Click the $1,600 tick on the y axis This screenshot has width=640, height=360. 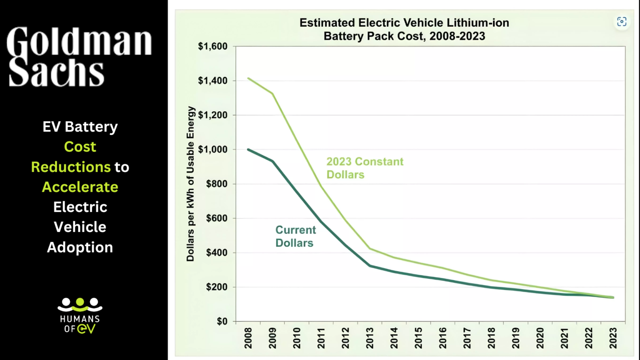[x=212, y=46]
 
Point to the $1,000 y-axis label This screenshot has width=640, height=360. [x=212, y=150]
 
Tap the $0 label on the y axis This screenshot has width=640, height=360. [x=222, y=321]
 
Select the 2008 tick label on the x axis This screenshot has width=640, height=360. [x=248, y=338]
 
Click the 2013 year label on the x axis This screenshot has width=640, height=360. [x=370, y=338]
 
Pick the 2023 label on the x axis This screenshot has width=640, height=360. [x=613, y=338]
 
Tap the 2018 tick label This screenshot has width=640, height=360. [x=491, y=338]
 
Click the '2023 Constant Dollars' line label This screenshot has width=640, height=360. [x=365, y=168]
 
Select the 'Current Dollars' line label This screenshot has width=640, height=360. [x=295, y=236]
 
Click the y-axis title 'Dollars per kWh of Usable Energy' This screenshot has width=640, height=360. [x=190, y=184]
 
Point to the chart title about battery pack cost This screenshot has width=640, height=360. [x=404, y=29]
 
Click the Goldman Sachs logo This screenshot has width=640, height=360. [x=79, y=57]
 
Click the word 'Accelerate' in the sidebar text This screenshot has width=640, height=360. [x=80, y=187]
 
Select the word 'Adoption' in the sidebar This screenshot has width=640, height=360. [x=80, y=247]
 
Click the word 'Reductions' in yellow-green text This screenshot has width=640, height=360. [x=70, y=167]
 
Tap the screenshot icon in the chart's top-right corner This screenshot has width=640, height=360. [x=622, y=22]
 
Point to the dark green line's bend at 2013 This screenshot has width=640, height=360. [x=370, y=265]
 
